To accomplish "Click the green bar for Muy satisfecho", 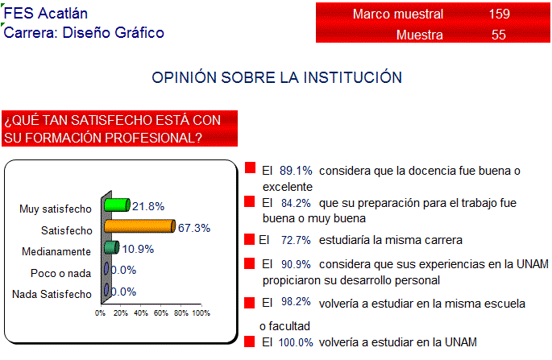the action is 117,205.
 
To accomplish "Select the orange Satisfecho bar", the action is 139,226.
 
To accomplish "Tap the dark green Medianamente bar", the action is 111,247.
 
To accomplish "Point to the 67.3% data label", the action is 194,228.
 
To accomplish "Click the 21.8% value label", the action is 148,206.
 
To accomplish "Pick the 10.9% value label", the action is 138,249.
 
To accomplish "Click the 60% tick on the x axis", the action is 161,312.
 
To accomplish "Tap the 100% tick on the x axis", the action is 201,312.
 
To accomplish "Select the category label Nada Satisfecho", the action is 52,294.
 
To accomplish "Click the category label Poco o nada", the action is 61,274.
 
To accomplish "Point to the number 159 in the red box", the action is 499,14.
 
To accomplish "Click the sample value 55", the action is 499,35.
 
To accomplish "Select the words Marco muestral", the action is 398,14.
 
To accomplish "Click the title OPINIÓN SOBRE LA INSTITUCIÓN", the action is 276,77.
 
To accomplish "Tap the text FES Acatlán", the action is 45,14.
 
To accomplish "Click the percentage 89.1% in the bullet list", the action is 296,171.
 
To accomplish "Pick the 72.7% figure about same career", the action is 296,240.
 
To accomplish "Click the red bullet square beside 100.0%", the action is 249,341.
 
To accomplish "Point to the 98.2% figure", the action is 296,301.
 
